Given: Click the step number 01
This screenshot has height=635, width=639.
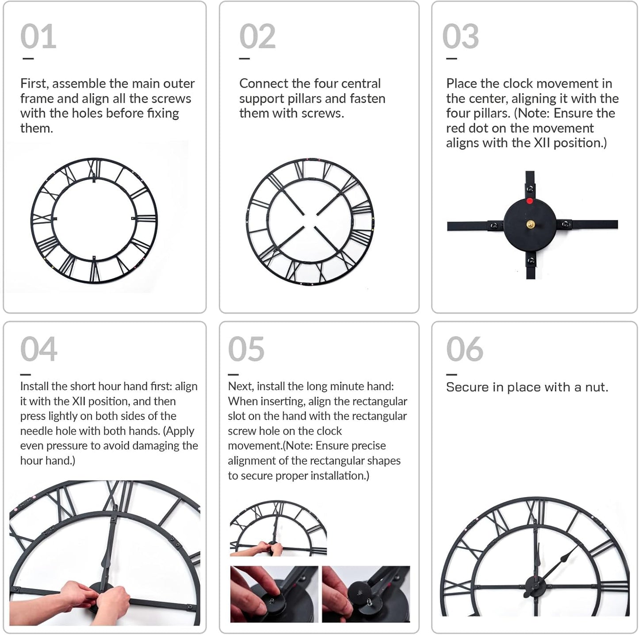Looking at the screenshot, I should (38, 37).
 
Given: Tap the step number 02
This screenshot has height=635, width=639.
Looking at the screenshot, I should (257, 37).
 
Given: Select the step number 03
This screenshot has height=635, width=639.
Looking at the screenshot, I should (460, 37).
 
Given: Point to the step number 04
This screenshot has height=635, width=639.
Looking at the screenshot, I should (39, 349).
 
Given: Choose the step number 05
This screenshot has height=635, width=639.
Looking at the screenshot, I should (246, 349).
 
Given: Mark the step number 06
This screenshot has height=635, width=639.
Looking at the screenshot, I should (465, 349).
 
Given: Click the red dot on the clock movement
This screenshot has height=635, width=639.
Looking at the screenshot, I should (529, 201).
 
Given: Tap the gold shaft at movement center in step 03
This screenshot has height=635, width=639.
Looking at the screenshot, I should (530, 225).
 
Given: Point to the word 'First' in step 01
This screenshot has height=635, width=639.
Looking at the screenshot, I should (34, 84).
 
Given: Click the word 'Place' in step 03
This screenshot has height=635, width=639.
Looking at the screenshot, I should (462, 84).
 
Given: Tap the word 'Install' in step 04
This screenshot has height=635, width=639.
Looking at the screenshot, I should (34, 386).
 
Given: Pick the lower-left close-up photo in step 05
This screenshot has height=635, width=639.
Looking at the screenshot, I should (274, 594).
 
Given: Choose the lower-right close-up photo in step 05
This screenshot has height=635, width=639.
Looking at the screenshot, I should (366, 594).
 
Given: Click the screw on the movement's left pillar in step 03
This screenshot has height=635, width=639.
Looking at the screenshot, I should (494, 226).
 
